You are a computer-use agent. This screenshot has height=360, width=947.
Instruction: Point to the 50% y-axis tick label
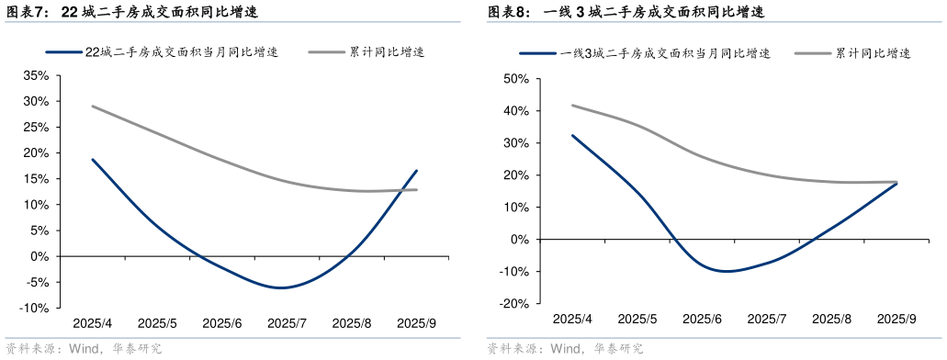516,79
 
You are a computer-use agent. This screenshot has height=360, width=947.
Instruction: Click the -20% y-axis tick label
514,304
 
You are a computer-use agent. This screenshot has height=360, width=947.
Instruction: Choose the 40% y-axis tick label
516,111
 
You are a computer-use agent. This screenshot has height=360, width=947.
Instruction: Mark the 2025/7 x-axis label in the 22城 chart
287,323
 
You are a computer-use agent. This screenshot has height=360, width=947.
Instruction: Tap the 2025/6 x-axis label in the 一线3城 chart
704,319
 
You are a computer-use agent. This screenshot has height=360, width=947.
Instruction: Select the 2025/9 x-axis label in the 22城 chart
416,323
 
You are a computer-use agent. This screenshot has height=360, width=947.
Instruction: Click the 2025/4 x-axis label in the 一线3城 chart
573,319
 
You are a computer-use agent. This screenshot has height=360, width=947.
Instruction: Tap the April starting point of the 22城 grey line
92,107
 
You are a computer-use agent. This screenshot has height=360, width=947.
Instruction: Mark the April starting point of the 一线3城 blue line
572,136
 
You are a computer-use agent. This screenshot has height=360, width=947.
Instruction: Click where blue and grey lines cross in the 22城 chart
403,190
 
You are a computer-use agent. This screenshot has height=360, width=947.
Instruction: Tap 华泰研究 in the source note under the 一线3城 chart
617,349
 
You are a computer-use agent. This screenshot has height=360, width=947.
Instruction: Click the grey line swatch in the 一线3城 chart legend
807,53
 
